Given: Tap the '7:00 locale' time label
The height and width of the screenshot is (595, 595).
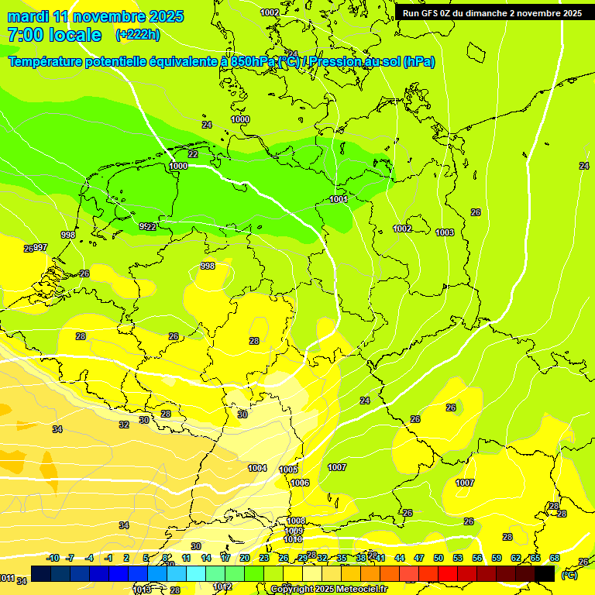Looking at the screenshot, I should click(54, 35).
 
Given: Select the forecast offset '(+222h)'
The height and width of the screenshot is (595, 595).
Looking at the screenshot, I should click(138, 35).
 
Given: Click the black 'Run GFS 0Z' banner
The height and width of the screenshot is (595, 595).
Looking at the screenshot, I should click(492, 13).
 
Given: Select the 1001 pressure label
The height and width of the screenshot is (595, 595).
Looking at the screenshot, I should click(339, 199).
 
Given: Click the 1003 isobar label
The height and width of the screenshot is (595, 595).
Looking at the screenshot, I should click(445, 232).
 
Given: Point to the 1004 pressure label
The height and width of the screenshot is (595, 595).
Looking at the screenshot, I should click(257, 468).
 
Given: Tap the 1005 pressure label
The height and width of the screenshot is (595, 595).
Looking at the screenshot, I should click(288, 469).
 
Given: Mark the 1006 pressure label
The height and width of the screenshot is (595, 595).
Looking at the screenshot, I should click(300, 483).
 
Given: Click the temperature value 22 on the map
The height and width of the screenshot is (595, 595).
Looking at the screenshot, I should click(193, 154).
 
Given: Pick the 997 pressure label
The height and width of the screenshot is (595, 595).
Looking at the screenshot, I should click(40, 247).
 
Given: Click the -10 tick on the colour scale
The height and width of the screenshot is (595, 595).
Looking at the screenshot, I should click(53, 558).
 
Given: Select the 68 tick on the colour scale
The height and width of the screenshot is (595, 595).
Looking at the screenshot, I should click(555, 558).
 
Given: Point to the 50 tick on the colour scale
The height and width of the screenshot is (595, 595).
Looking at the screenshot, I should click(439, 558).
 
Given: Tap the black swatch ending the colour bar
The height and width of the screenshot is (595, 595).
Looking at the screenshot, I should click(545, 574).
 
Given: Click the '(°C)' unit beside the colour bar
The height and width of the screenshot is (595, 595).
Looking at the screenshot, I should click(569, 575).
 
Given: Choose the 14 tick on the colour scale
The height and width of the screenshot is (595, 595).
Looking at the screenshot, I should click(206, 558).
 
